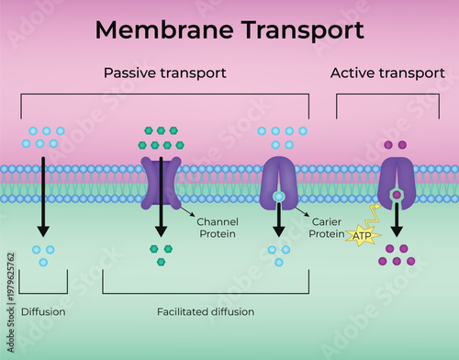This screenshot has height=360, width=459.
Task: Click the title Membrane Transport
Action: pyautogui.click(x=229, y=29)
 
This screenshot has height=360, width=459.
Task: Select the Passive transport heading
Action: pyautogui.click(x=164, y=73)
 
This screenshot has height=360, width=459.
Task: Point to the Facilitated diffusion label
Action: pyautogui.click(x=206, y=312)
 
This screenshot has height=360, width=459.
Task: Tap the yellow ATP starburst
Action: pyautogui.click(x=360, y=236)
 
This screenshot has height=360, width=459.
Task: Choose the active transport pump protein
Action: pyautogui.click(x=396, y=182)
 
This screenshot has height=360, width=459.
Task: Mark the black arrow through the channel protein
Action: pyautogui.click(x=161, y=197)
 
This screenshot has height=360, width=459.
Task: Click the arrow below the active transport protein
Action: pyautogui.click(x=396, y=220)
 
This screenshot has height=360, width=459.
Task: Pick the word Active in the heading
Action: pyautogui.click(x=350, y=73)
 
